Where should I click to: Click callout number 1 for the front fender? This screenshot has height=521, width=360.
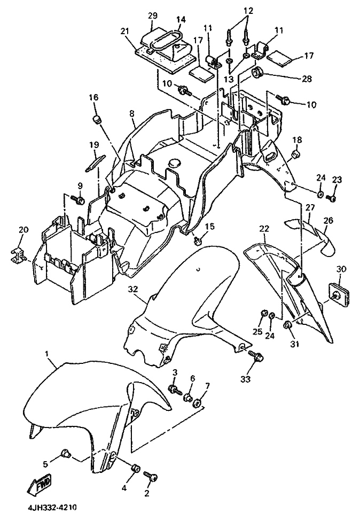[x=47, y=354]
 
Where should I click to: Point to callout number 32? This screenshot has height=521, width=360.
[x=133, y=289]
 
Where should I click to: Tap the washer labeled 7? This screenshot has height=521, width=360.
[x=197, y=402]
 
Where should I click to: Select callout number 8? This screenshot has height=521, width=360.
[x=131, y=113]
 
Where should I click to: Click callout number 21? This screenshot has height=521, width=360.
[x=125, y=32]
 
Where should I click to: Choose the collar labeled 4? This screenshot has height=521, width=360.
[x=135, y=469]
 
